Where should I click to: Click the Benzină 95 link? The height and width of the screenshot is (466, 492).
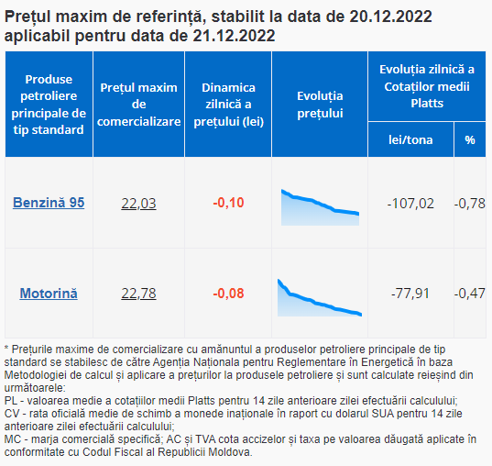click(x=49, y=203)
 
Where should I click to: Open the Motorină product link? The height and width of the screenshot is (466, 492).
click(x=49, y=294)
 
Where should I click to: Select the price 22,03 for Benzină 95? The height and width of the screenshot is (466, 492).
click(x=138, y=204)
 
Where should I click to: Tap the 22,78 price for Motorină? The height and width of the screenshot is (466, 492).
click(x=138, y=294)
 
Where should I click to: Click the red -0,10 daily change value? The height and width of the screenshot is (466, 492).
click(x=228, y=203)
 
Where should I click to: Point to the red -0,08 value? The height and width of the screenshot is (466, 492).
click(x=228, y=294)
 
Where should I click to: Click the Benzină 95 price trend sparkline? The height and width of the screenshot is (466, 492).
click(x=320, y=207)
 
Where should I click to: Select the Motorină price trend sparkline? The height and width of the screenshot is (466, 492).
click(x=320, y=297)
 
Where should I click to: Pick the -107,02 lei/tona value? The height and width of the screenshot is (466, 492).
click(x=410, y=204)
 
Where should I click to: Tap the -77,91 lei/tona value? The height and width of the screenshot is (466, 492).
click(x=410, y=294)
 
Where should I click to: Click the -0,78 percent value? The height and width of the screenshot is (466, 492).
click(x=470, y=204)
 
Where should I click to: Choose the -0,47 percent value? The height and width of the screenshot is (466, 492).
click(x=470, y=294)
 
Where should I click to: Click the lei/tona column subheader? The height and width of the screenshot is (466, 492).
click(x=410, y=139)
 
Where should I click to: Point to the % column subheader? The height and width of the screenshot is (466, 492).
click(x=470, y=139)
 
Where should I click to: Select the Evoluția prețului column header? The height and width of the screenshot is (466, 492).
click(x=320, y=105)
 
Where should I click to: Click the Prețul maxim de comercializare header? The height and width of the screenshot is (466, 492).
click(x=138, y=105)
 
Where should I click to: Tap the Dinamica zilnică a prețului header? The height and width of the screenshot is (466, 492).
click(x=228, y=105)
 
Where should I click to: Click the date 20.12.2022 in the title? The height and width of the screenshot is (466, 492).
click(x=390, y=17)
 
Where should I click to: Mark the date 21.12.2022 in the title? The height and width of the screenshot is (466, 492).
click(x=234, y=36)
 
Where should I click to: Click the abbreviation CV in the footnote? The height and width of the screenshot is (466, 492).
click(x=12, y=414)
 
